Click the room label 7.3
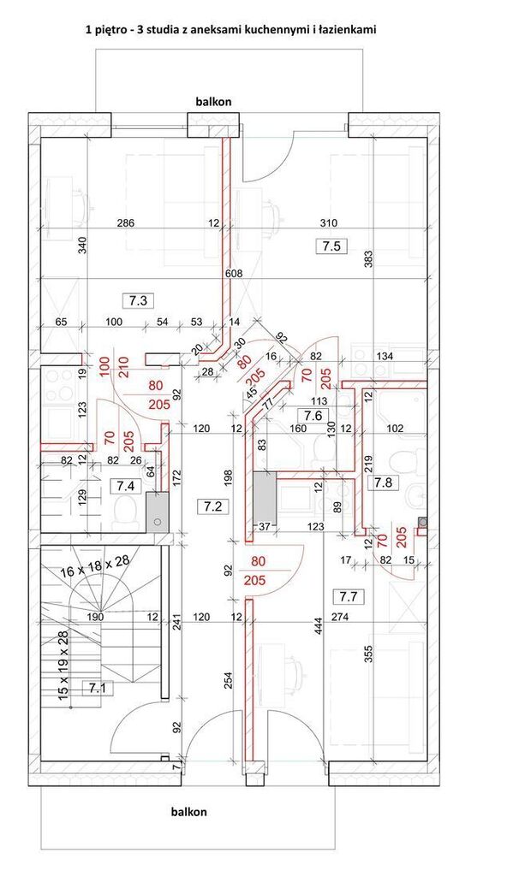pyautogui.click(x=138, y=300)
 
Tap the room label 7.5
pyautogui.click(x=331, y=246)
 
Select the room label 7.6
pyautogui.click(x=313, y=415)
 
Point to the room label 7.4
pyautogui.click(x=125, y=486)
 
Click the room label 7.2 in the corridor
pyautogui.click(x=213, y=506)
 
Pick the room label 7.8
pyautogui.click(x=383, y=482)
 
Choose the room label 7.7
pyautogui.click(x=348, y=596)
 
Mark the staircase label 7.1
pyautogui.click(x=98, y=689)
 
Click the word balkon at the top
pyautogui.click(x=213, y=102)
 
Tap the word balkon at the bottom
pyautogui.click(x=189, y=812)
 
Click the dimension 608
pyautogui.click(x=234, y=273)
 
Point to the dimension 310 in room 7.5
pyautogui.click(x=329, y=223)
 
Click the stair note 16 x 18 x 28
pyautogui.click(x=94, y=567)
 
